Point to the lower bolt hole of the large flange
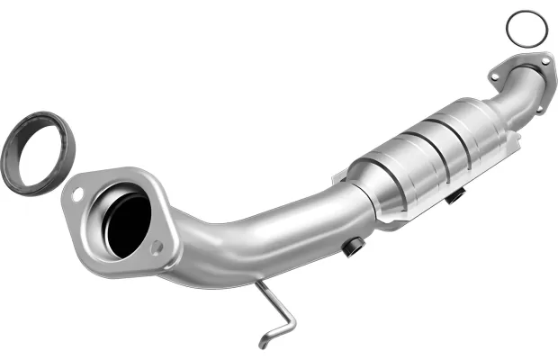(x=158, y=246)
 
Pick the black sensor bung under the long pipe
(x=353, y=244)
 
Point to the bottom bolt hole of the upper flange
(x=541, y=109)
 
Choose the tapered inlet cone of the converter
(x=365, y=184)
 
